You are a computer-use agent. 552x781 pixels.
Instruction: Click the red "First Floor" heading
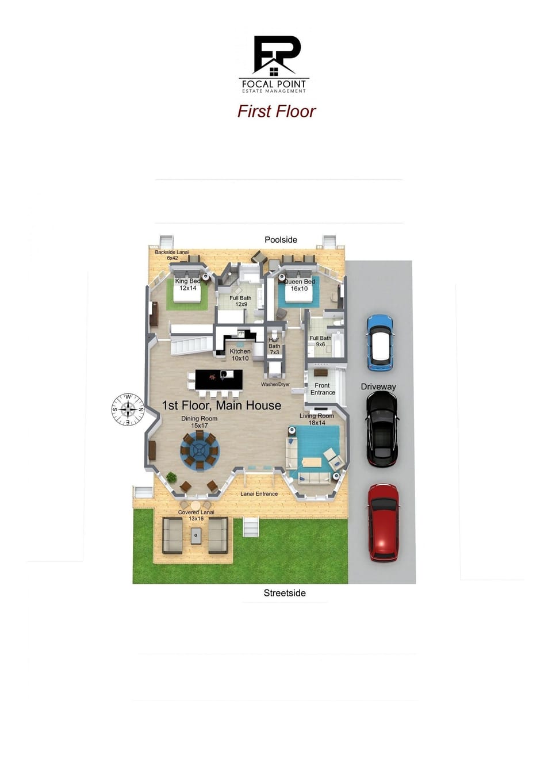click(277, 112)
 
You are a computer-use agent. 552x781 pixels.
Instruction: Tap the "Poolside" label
click(281, 240)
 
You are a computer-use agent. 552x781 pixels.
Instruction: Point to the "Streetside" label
click(285, 593)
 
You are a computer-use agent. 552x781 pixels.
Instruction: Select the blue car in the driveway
click(379, 343)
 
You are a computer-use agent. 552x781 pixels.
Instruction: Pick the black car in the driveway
click(382, 429)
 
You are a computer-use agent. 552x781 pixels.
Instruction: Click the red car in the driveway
click(384, 522)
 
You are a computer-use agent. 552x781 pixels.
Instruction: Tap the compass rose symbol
click(128, 409)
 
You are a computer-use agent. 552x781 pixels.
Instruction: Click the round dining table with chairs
click(200, 450)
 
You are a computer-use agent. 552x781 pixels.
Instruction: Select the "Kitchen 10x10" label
click(240, 355)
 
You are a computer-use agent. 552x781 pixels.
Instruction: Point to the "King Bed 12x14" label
click(188, 285)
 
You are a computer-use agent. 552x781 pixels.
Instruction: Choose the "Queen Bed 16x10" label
click(300, 285)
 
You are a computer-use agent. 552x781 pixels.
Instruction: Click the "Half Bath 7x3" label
click(274, 346)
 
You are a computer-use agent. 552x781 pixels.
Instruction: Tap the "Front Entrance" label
click(323, 389)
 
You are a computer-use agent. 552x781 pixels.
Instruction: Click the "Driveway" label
click(378, 386)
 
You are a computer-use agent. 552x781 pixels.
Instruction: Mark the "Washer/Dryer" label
click(275, 384)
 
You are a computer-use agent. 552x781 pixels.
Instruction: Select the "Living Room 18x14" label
click(316, 419)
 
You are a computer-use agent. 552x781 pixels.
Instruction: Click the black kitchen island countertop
click(218, 379)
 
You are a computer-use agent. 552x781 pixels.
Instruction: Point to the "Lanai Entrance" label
click(259, 494)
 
